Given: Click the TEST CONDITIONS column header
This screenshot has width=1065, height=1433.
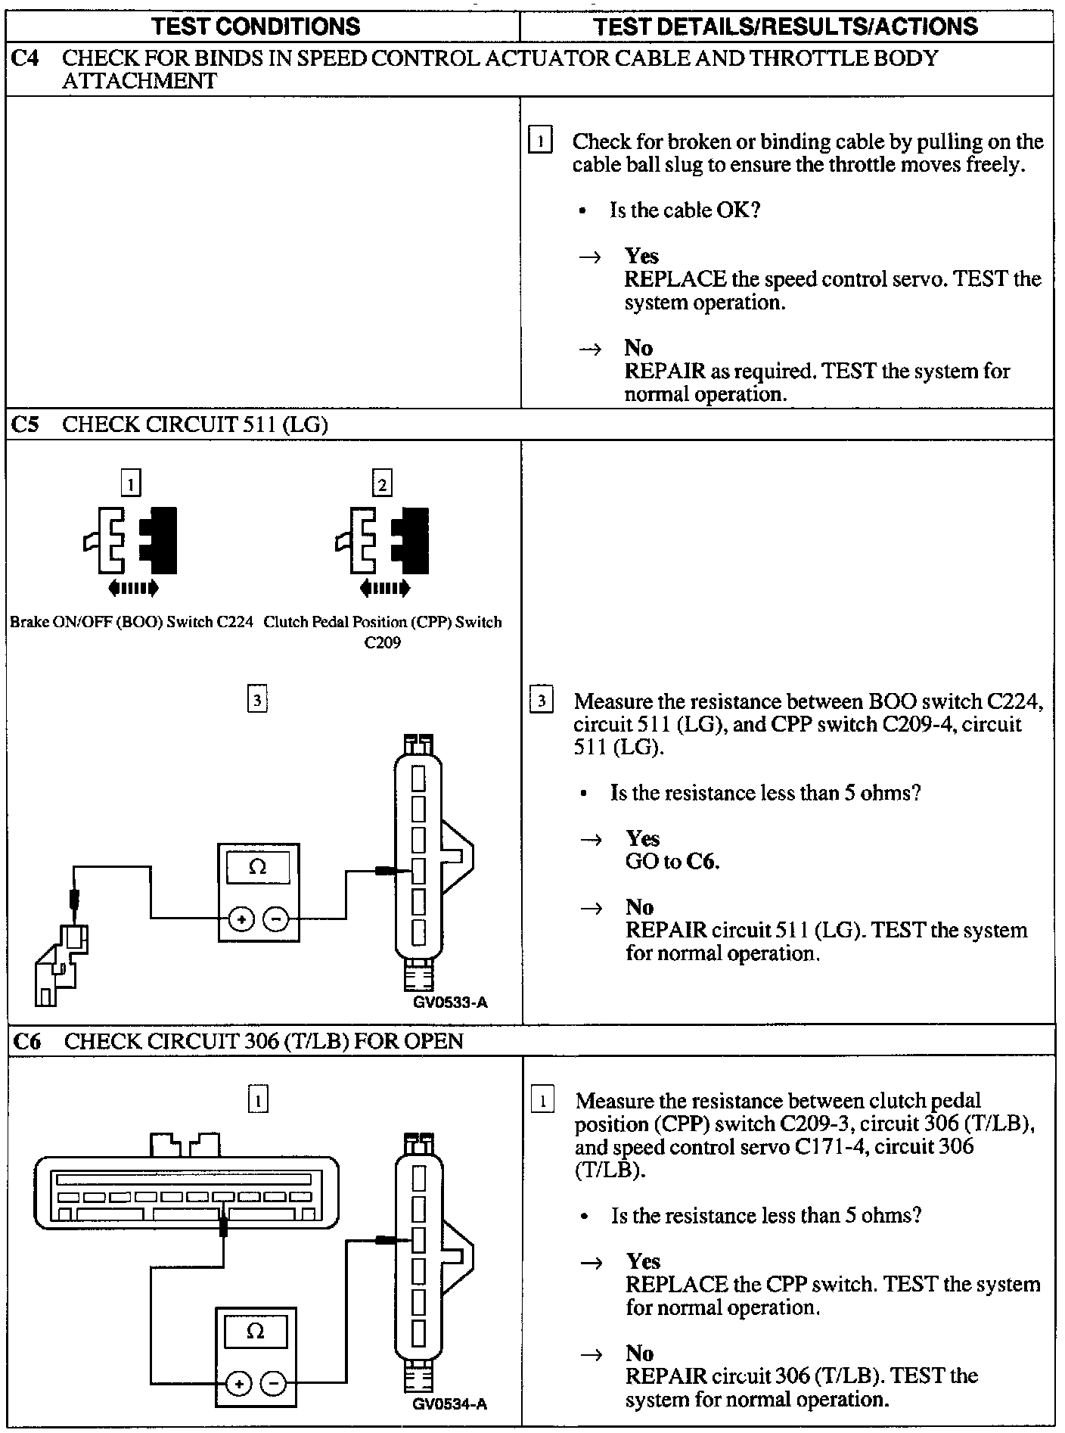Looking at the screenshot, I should [256, 27].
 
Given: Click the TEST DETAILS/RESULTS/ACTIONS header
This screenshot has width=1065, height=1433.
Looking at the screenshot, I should [786, 27].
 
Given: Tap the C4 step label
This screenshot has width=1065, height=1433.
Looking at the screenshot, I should [26, 58].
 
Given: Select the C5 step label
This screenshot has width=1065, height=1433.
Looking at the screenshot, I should [26, 424].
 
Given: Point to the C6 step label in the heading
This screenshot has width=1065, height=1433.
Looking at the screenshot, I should [26, 1042].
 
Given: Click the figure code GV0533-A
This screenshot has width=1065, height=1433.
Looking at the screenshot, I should [451, 1003].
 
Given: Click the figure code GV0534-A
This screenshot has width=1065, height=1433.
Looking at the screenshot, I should [450, 1405].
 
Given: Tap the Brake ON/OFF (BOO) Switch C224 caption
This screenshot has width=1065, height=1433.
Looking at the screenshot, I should [131, 623].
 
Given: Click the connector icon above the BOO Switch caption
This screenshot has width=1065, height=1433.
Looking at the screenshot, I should [131, 540].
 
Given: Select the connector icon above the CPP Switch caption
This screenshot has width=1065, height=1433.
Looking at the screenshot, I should [382, 540].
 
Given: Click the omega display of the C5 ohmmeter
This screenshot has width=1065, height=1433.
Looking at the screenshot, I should [258, 867].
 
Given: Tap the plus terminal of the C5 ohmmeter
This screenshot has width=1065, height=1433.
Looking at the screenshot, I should [242, 920].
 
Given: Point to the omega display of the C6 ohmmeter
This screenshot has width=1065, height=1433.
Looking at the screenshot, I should [256, 1332].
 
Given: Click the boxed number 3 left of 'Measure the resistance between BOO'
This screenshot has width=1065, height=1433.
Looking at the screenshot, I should [541, 701].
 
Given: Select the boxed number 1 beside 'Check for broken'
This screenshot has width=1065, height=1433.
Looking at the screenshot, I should [540, 141].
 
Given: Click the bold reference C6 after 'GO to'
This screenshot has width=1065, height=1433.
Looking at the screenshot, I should [703, 862].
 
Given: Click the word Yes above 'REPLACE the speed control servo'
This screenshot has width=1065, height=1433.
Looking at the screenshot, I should [641, 256].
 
